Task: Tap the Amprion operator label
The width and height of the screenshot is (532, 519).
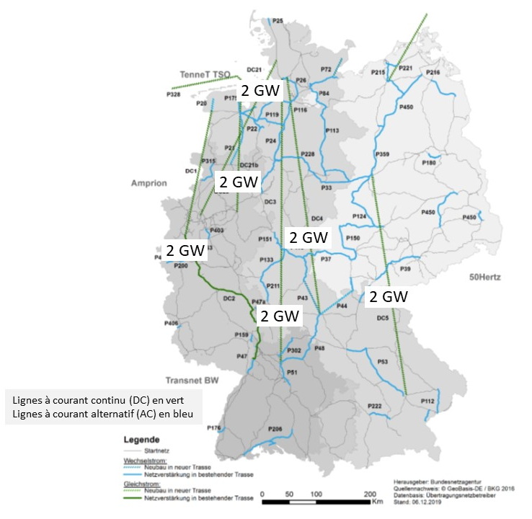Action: click(x=149, y=183)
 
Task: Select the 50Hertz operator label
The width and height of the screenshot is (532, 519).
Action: click(x=484, y=277)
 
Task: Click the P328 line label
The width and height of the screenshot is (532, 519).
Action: click(x=173, y=94)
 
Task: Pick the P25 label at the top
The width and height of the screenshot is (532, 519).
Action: click(x=278, y=21)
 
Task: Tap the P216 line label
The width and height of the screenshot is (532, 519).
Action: click(x=433, y=73)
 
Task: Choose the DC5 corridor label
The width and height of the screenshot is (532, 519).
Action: click(x=383, y=318)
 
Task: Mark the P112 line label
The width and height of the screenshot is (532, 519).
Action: click(x=428, y=401)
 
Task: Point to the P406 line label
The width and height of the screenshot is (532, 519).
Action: click(x=171, y=323)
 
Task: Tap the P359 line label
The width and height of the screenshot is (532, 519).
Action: click(x=382, y=154)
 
